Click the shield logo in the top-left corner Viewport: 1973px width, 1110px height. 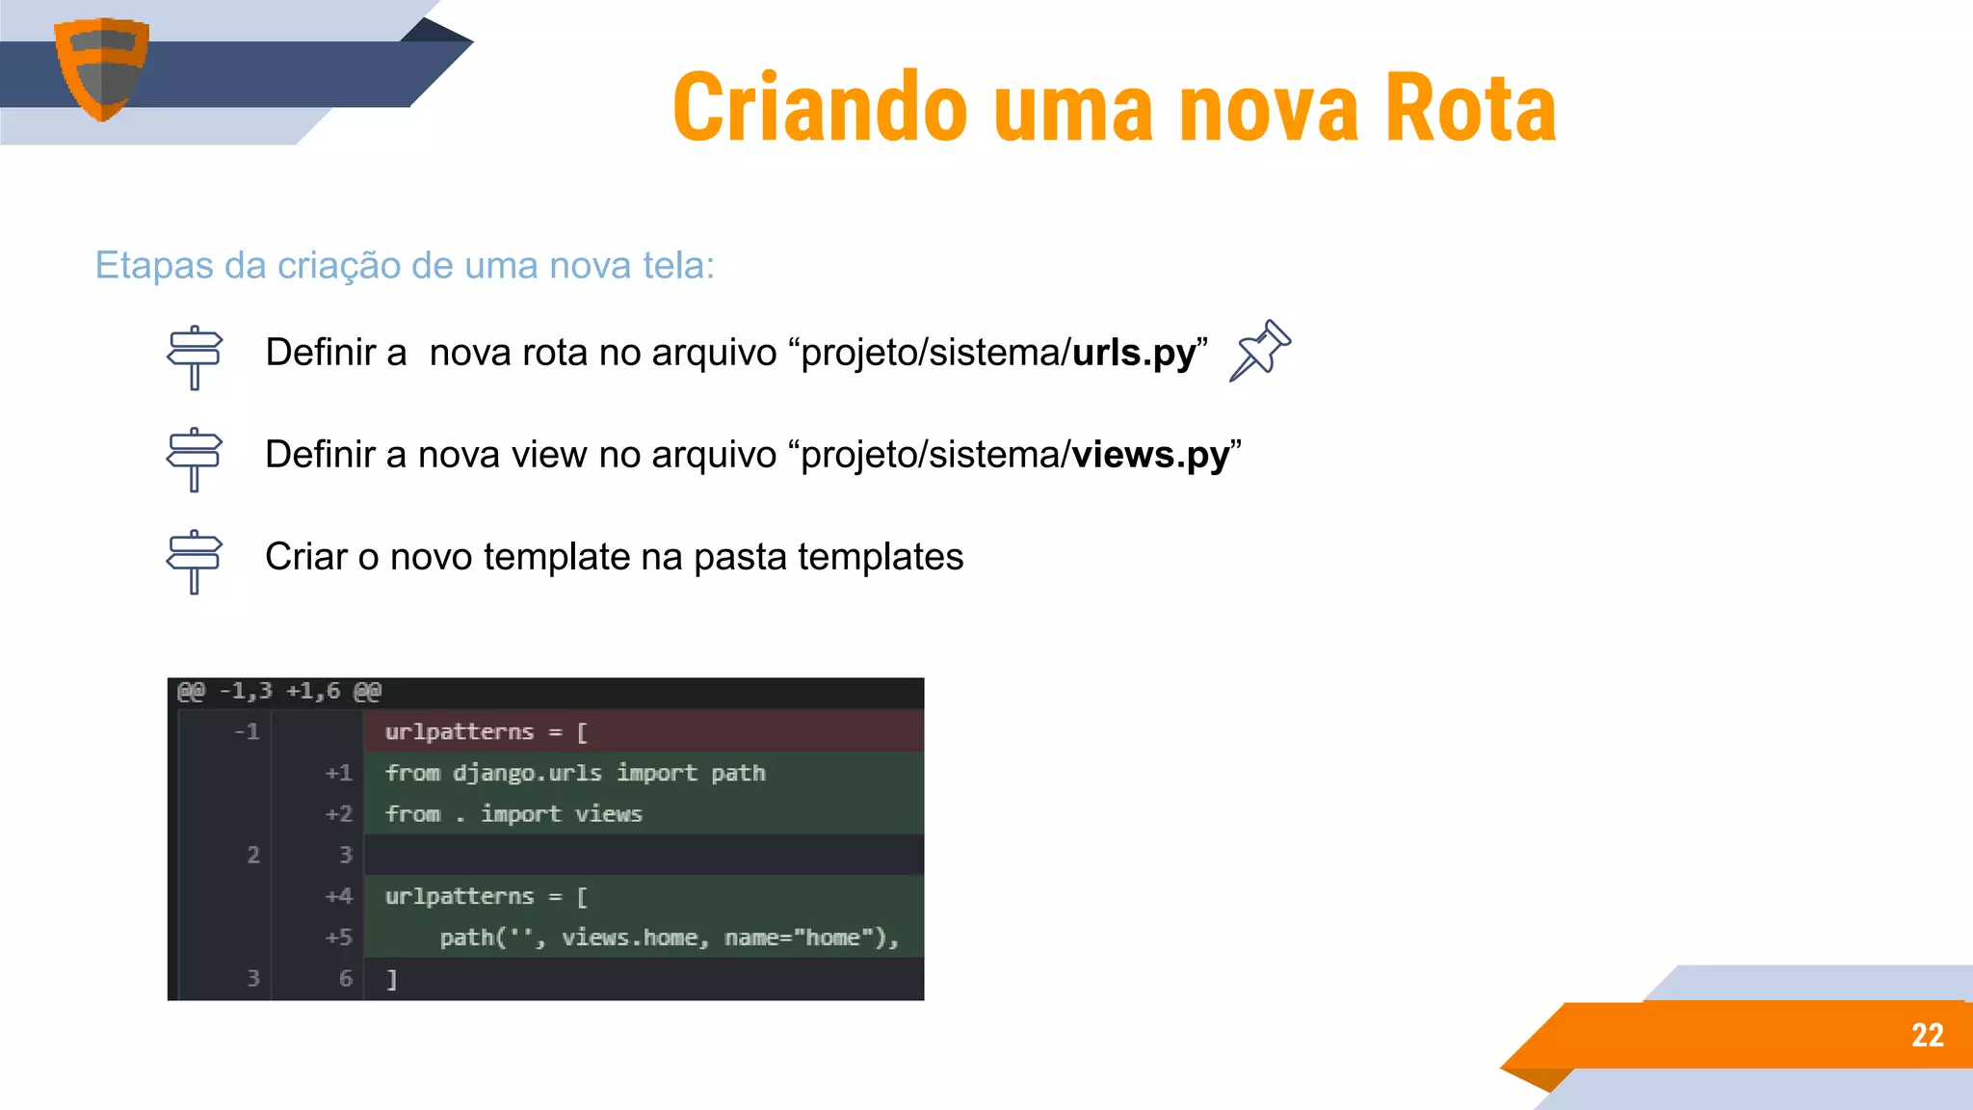pos(101,67)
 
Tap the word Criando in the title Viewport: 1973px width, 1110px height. pos(820,108)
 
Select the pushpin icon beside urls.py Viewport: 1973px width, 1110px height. pos(1259,351)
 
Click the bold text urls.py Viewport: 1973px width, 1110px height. pos(1134,353)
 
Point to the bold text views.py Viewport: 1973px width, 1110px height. pos(1150,455)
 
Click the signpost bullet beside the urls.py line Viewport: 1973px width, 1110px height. pos(195,357)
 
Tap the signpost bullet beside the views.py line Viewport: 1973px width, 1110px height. pos(195,460)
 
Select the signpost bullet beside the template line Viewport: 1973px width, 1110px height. pos(195,562)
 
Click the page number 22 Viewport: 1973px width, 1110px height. pos(1927,1035)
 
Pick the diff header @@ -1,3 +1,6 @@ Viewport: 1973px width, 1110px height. pos(279,691)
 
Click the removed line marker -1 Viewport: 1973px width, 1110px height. pos(247,732)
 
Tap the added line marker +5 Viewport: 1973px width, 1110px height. pos(338,938)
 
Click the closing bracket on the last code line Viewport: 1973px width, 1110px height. pos(391,980)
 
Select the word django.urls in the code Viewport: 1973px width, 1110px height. pos(527,773)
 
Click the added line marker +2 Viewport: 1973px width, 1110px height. pos(338,814)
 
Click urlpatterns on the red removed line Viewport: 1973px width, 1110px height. pos(459,732)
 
